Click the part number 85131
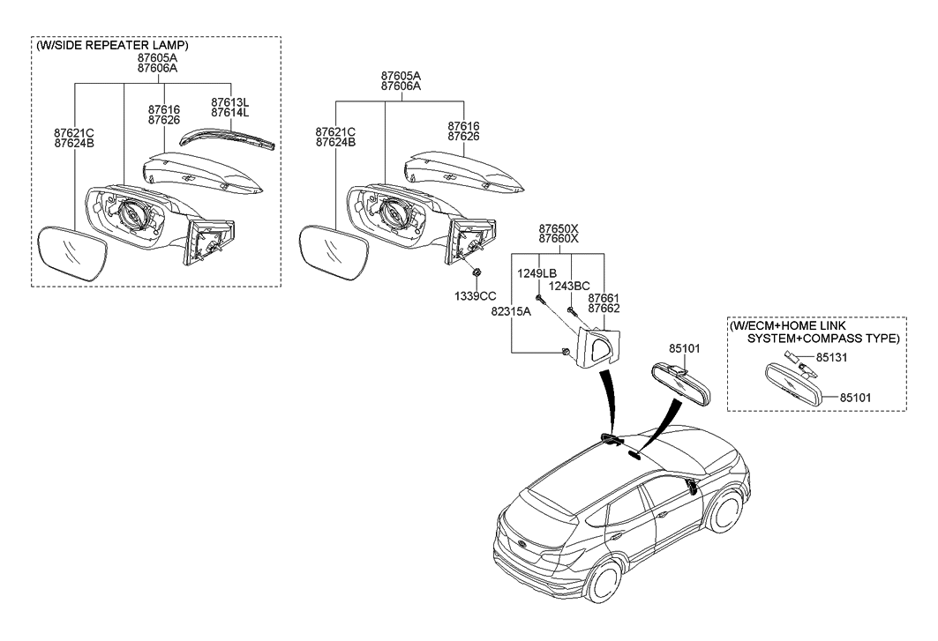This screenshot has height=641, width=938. click(832, 359)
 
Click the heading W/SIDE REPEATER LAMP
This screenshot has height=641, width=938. click(112, 45)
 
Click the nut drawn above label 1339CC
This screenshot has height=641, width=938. click(476, 274)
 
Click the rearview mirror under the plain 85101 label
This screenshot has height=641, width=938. click(682, 380)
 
